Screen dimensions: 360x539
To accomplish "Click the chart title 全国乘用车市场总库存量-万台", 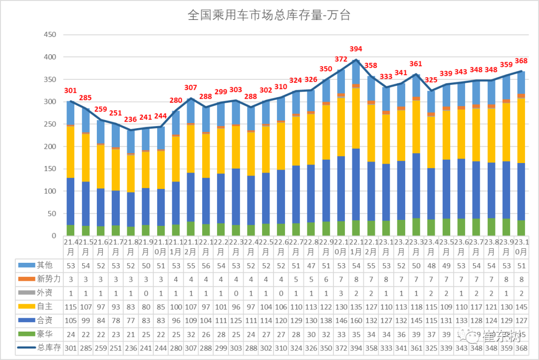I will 269,15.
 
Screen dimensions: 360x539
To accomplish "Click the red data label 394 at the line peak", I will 356,49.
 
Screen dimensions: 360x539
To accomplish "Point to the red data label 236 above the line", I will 131,119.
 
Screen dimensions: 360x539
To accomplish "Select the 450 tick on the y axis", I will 50,35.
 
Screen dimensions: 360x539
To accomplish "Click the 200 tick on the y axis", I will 50,147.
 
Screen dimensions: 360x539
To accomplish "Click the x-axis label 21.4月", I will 71,246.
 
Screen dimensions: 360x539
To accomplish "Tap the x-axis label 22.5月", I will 266,246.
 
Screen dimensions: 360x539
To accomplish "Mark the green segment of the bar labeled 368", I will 521,228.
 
